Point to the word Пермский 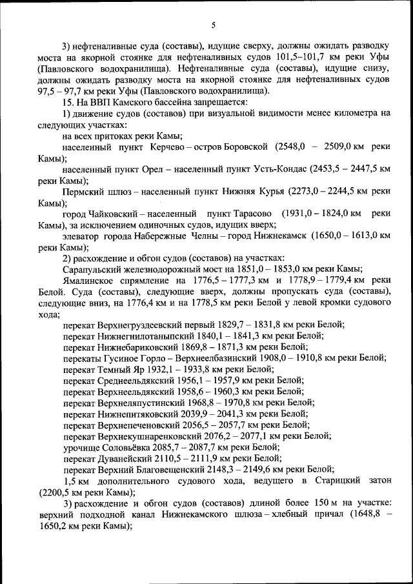82,191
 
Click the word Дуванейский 126,458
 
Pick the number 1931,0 297,214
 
